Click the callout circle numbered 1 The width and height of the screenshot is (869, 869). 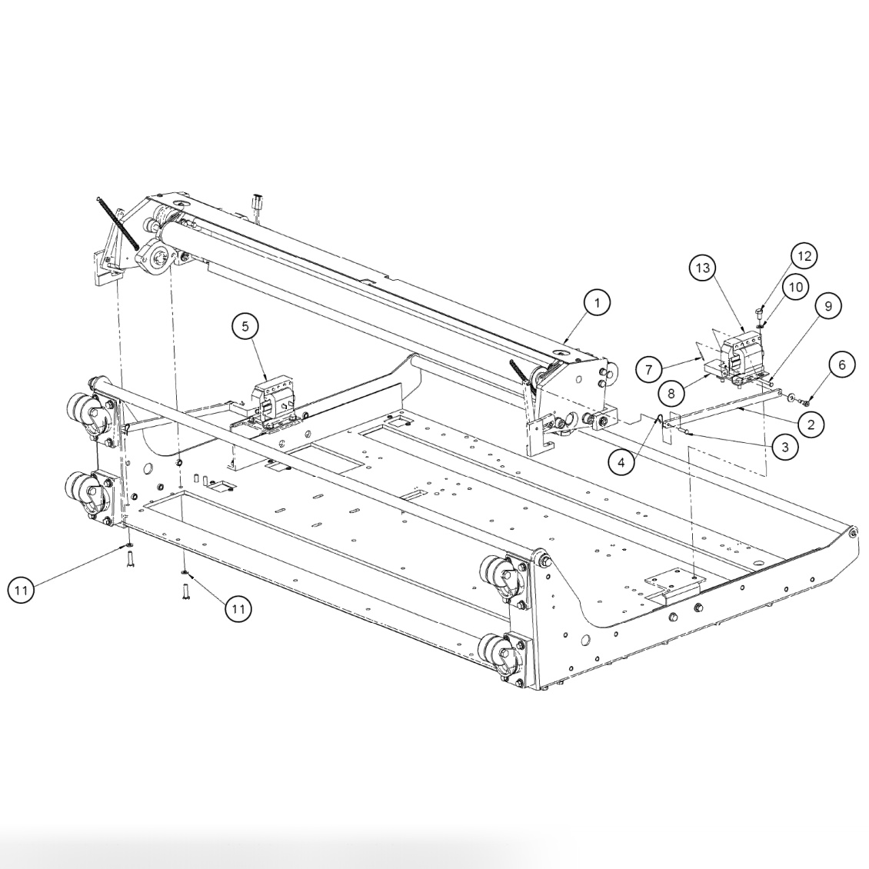tap(596, 303)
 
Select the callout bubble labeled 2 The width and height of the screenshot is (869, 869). tap(811, 422)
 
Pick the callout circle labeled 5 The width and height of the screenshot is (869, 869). tap(245, 327)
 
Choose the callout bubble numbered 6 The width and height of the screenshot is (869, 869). tap(841, 365)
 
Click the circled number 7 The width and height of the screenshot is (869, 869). tap(649, 369)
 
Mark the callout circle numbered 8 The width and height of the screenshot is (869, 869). tap(671, 392)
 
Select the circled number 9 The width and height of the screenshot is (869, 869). tap(827, 305)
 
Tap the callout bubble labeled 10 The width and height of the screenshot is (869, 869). tap(795, 287)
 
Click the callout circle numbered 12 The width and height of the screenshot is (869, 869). tap(804, 256)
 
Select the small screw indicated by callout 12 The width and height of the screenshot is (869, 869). tap(759, 311)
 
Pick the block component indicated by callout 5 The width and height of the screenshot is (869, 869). tap(273, 396)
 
